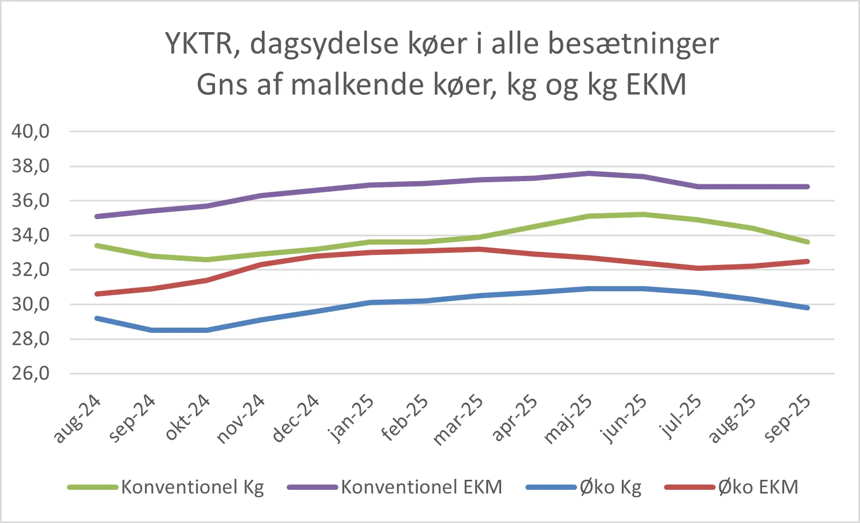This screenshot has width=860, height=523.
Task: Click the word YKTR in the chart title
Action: [199, 43]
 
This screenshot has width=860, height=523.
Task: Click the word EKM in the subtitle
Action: [657, 84]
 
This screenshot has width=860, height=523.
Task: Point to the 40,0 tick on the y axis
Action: [31, 131]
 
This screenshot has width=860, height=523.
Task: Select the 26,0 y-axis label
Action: [31, 373]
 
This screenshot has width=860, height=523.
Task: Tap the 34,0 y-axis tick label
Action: [31, 235]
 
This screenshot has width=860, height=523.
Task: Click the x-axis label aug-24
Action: [77, 419]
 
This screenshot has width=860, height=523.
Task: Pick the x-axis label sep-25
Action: [787, 419]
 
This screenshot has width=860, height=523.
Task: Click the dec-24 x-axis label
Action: [296, 419]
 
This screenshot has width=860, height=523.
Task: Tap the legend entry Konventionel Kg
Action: [192, 487]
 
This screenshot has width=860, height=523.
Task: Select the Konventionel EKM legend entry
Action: [421, 487]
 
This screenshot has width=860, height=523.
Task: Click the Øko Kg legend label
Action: [610, 487]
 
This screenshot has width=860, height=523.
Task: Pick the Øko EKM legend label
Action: [758, 487]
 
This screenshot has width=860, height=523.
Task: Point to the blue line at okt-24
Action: [207, 330]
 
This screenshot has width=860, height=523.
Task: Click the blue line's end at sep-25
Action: [807, 308]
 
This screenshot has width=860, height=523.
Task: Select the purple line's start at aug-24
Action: [97, 216]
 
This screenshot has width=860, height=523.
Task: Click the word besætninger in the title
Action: [633, 43]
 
